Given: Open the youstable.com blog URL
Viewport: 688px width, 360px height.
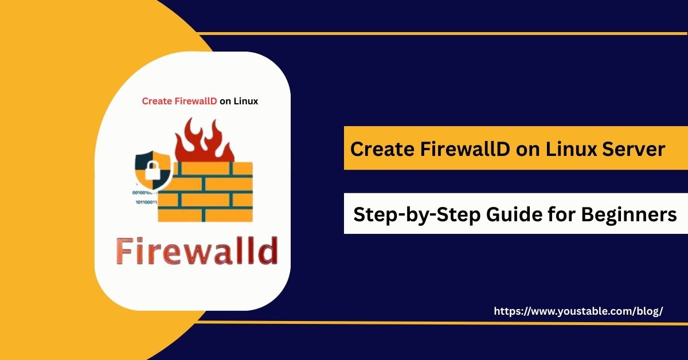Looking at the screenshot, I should click(x=578, y=311).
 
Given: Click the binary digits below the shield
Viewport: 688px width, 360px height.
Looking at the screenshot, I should click(x=146, y=198).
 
